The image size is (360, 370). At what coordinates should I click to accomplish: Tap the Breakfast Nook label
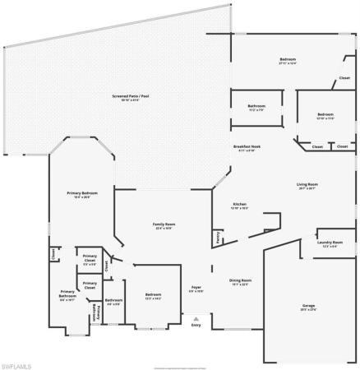(x=247, y=147)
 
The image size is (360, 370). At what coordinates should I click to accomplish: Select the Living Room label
(x=307, y=186)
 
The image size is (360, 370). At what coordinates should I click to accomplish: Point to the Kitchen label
(x=239, y=206)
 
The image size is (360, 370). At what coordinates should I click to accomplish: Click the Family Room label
(x=164, y=226)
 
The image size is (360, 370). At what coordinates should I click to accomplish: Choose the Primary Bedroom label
(x=82, y=195)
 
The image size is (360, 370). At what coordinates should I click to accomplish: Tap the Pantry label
(x=217, y=238)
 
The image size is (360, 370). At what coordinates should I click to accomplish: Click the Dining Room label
(x=241, y=282)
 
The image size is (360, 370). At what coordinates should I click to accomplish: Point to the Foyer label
(x=196, y=289)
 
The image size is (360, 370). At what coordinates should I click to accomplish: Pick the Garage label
(x=308, y=307)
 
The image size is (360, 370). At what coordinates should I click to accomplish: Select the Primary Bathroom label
(x=67, y=294)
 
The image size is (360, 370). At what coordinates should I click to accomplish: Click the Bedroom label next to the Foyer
(x=154, y=296)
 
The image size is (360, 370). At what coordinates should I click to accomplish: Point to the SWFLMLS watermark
(x=18, y=363)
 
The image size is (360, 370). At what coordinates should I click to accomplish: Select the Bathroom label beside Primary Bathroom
(x=113, y=302)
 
